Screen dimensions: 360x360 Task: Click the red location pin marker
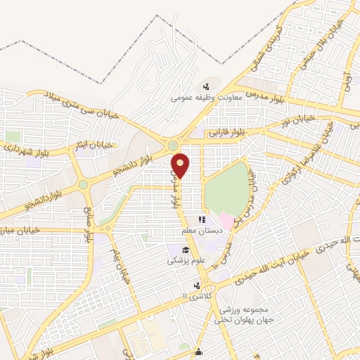pos(181,165)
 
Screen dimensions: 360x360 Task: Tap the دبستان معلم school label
pos(204,231)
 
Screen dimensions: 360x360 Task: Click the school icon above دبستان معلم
pos(203,220)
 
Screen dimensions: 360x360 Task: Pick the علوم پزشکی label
pos(186,261)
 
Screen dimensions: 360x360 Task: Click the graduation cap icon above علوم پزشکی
pos(186,250)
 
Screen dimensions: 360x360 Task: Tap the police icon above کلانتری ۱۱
pos(198,286)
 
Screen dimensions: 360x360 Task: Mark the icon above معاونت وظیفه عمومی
pos(205,87)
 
